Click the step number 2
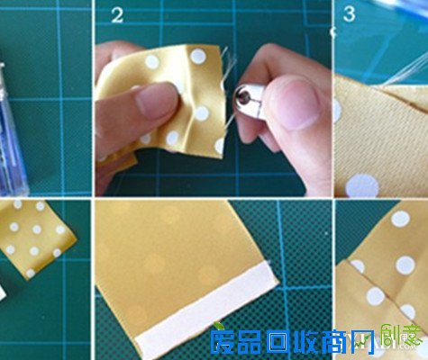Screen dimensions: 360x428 117,14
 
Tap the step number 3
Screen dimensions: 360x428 349,14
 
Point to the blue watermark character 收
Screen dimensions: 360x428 316,343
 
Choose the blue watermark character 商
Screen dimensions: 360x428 348,343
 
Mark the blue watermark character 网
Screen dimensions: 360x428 377,343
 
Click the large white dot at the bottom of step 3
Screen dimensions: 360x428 362,185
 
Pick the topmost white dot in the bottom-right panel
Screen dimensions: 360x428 400,219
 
